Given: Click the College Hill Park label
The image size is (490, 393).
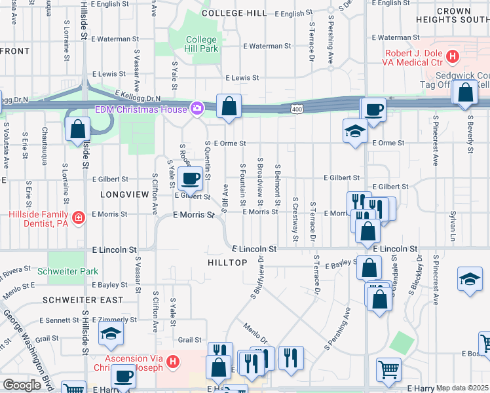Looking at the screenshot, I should click(200, 44).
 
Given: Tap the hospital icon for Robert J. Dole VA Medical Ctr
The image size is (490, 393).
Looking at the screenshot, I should click(452, 58).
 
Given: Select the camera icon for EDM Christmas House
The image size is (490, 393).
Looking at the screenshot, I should click(196, 108).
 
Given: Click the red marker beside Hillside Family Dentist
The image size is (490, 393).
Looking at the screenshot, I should click(79, 217).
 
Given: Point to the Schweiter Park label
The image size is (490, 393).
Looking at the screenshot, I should click(67, 271).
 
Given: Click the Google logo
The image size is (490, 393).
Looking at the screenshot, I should click(22, 385).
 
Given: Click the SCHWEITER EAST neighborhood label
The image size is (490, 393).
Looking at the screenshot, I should click(83, 300).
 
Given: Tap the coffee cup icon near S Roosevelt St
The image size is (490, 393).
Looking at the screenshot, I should click(190, 178).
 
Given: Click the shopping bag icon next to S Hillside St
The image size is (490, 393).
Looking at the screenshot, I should click(77, 129).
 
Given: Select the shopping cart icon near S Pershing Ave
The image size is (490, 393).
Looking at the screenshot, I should click(388, 370).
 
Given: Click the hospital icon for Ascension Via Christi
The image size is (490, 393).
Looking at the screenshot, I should click(172, 361).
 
